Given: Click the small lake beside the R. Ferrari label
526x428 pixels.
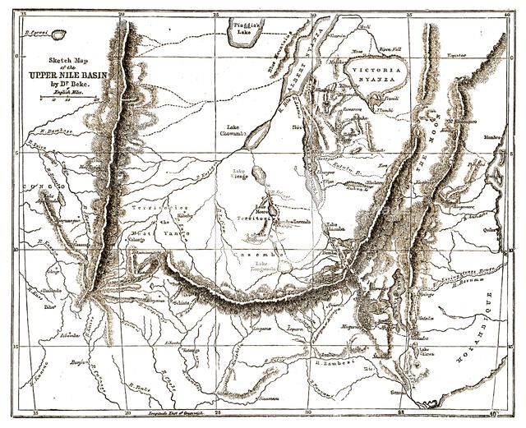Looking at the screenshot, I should (57, 35).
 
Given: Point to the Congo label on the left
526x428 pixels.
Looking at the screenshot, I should (46, 188).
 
